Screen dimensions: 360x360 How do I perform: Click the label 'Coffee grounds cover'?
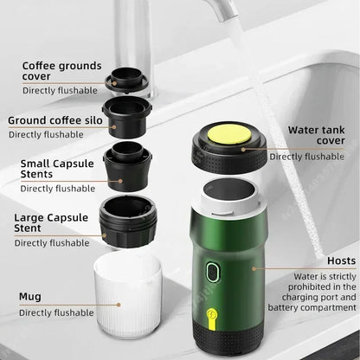pyautogui.click(x=61, y=71)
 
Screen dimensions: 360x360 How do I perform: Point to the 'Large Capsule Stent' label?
pyautogui.click(x=52, y=223)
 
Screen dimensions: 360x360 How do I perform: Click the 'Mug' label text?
pyautogui.click(x=30, y=296)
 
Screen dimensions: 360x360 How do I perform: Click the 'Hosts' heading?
pyautogui.click(x=340, y=260)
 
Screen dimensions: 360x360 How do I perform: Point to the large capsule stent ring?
pyautogui.click(x=128, y=222)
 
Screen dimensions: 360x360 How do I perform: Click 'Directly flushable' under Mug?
pyautogui.click(x=55, y=312)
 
